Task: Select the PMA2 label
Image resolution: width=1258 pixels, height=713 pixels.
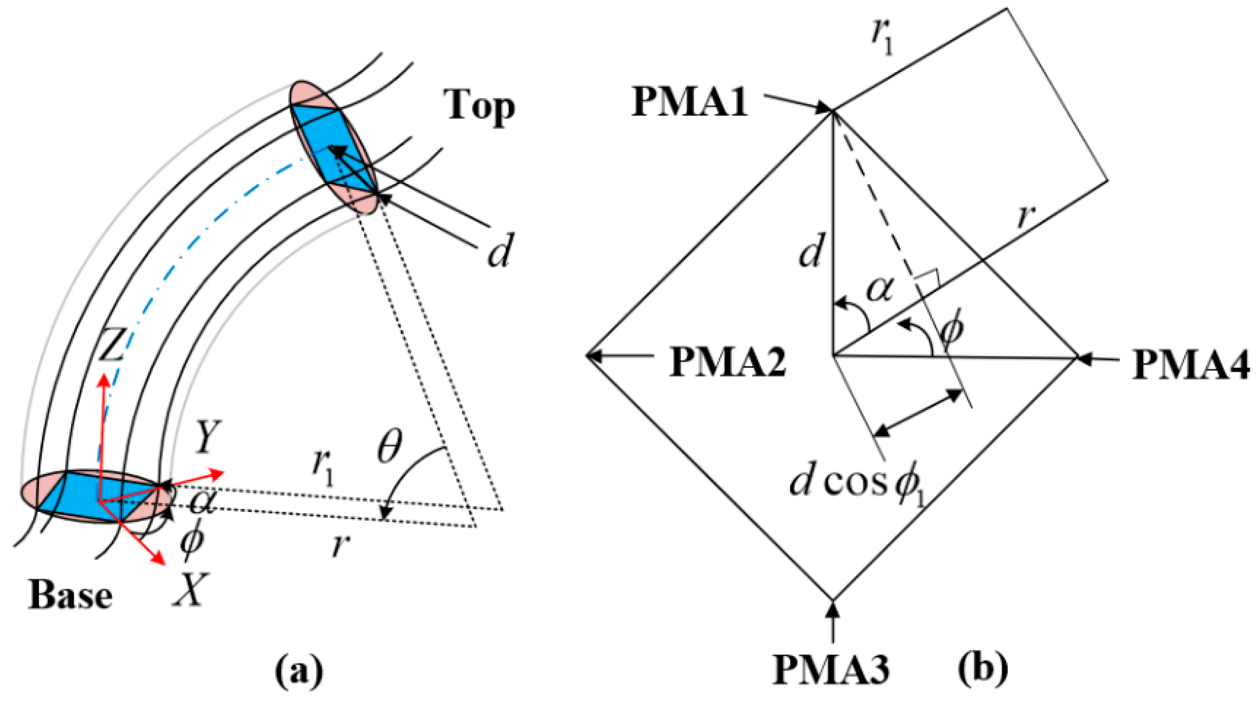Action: tap(727, 362)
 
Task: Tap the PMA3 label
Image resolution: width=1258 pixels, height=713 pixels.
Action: tap(831, 669)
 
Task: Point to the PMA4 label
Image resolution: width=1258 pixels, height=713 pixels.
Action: tap(1191, 365)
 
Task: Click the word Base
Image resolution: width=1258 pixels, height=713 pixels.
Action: tap(70, 595)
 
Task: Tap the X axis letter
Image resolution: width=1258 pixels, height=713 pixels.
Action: tap(190, 590)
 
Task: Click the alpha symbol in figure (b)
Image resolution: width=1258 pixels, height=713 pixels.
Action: tap(879, 291)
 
